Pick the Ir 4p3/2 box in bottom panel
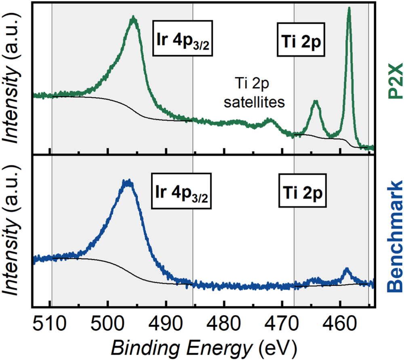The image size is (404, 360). (183, 193)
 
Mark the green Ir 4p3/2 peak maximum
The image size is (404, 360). (133, 18)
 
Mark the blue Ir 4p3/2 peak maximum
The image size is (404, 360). (128, 182)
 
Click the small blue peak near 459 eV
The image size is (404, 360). (347, 269)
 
